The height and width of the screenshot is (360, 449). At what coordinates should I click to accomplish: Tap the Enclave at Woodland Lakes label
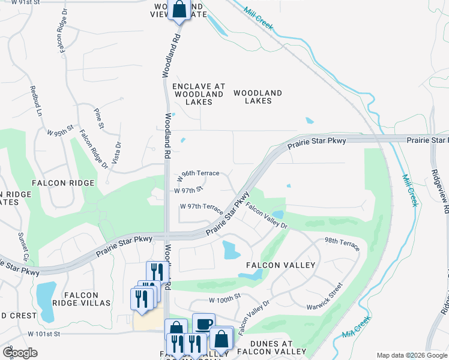coord(199,94)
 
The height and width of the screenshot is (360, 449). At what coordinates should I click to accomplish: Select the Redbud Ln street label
coord(37,101)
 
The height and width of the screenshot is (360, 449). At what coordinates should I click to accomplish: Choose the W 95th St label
coord(60,130)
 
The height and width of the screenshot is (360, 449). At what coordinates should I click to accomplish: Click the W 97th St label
coord(189,190)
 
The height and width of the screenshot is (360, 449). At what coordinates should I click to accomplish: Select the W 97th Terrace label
coord(202,208)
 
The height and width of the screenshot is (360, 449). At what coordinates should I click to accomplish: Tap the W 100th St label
coord(224,298)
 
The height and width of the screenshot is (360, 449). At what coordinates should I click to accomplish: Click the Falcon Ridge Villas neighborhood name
coord(82,298)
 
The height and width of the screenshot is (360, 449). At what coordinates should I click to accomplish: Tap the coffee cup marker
coord(203,323)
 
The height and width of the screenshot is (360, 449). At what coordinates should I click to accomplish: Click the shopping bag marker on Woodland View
coord(179,9)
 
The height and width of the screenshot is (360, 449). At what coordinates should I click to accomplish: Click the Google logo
coord(20,353)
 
